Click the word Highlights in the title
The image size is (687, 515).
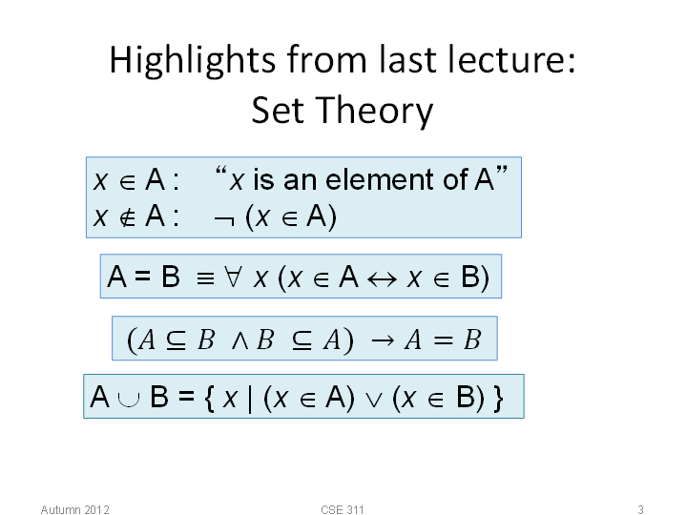point(193,61)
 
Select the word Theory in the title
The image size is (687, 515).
point(374,112)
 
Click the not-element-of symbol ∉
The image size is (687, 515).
point(128,217)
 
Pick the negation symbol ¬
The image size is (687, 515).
point(224,220)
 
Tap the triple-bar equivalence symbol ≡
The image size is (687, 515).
point(205,278)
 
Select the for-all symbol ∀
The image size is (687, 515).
point(233,278)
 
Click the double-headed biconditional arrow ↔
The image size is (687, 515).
point(382,279)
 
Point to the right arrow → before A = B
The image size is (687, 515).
point(382,340)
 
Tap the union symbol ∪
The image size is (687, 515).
point(129,400)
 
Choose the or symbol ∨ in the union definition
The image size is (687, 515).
point(374,400)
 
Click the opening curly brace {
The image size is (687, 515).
point(209,398)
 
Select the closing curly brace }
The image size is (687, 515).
point(498,398)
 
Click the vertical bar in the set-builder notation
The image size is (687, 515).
point(250,398)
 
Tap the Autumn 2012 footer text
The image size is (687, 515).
point(75,509)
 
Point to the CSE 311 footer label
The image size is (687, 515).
point(343,509)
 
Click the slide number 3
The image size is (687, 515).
point(640,509)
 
